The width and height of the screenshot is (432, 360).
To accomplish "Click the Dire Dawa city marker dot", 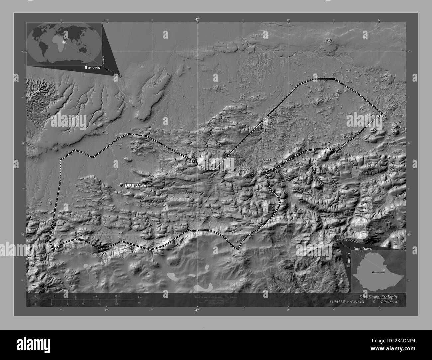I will (122, 185).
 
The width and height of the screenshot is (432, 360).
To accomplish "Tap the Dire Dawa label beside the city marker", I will (135, 185).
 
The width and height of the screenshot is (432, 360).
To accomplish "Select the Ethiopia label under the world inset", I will (92, 67).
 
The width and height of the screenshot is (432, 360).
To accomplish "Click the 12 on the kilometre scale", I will (96, 296).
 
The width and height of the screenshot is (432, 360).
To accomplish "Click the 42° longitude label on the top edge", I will (197, 20).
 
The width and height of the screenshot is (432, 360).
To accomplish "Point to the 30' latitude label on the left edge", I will (23, 235).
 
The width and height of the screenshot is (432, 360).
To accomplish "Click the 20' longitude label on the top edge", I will (379, 20).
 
